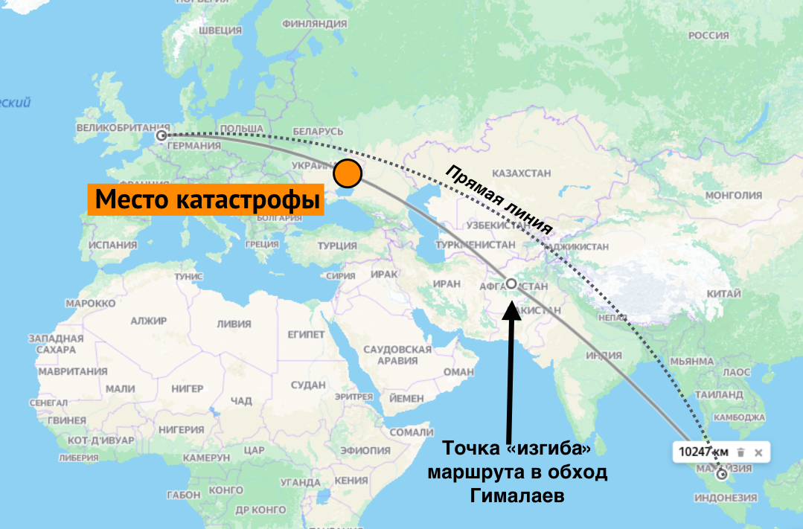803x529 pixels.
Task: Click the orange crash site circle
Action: coord(348,173)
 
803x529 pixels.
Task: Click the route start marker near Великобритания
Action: coord(161,135)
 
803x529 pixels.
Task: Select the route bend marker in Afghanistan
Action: coord(511,283)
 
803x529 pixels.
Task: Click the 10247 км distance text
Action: coord(703,452)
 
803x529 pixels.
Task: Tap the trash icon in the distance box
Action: coord(740,452)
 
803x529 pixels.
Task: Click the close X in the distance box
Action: coord(758,452)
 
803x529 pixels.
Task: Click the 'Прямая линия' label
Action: coord(499,199)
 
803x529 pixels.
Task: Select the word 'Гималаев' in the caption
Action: coord(516,496)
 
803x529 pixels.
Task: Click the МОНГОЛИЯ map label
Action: coord(734,195)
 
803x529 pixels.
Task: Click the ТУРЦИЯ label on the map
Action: coord(337,246)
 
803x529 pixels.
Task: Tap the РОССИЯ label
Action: coord(708,35)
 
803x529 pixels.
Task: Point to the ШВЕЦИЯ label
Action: coord(221,31)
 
